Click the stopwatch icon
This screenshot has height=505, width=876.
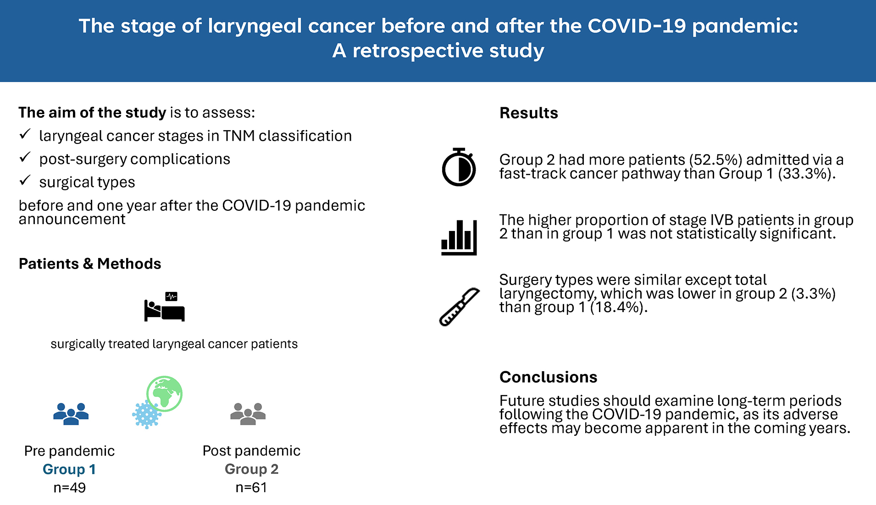point(459,167)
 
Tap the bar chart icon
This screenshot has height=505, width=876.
point(459,237)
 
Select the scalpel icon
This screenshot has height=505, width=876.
point(459,307)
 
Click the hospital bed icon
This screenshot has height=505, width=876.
point(164,307)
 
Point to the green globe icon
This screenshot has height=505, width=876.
point(164,393)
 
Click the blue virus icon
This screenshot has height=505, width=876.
point(146,415)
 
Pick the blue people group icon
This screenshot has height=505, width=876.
point(71,414)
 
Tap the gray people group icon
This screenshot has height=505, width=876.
point(248,414)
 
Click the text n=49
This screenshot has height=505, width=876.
point(69,488)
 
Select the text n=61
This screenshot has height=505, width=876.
point(251,488)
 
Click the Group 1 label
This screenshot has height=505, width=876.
point(69,469)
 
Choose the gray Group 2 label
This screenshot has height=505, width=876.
point(251,469)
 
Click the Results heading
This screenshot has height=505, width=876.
point(528,113)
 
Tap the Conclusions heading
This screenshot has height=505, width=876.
point(548,377)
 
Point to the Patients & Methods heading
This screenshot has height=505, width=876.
point(90,263)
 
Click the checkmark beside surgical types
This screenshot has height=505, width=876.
point(25,181)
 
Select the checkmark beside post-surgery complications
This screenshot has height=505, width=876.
point(25,158)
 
